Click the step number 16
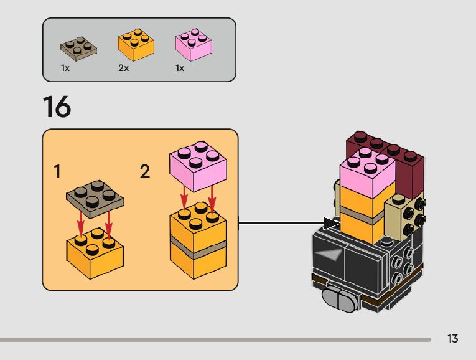(57, 107)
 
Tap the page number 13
(452, 339)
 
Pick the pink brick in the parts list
(194, 45)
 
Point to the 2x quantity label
(123, 69)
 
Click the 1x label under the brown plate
(65, 69)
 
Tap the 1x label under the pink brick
(180, 69)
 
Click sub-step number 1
(57, 171)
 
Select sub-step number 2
(145, 171)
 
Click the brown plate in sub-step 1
(95, 199)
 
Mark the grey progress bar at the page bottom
(215, 340)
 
